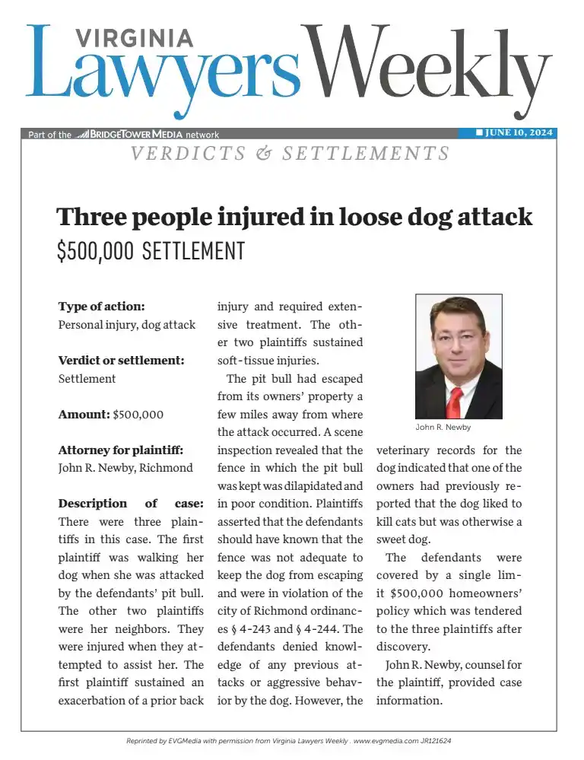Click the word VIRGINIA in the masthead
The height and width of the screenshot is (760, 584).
click(x=135, y=38)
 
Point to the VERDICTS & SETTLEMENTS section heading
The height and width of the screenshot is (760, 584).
click(x=290, y=154)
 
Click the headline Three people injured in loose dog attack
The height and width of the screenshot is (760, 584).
click(x=295, y=217)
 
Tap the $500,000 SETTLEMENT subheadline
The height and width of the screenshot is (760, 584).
click(x=151, y=251)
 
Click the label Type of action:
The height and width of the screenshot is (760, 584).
click(x=101, y=307)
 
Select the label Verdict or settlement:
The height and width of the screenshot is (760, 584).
click(x=121, y=360)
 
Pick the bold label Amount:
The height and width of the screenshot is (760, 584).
click(x=84, y=415)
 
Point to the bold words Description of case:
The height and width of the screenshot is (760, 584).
click(x=130, y=504)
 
